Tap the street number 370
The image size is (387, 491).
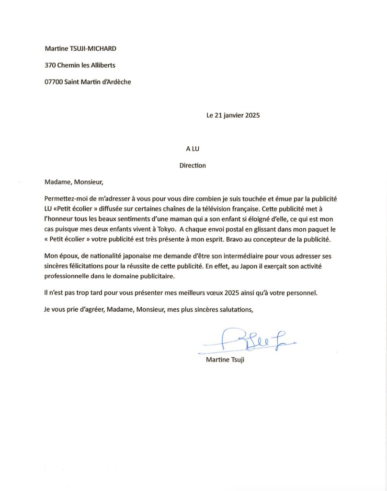[50, 65]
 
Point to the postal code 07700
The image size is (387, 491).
[53, 82]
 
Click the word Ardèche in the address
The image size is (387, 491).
[115, 82]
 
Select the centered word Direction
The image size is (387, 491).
[193, 165]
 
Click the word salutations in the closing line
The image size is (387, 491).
[232, 310]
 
